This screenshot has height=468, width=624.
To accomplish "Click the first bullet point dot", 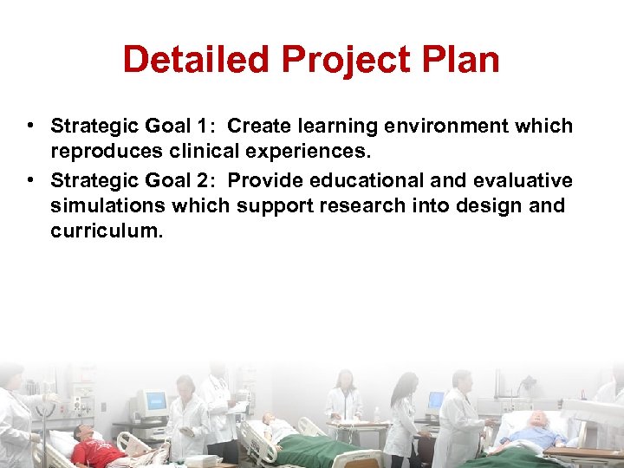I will (x=30, y=125).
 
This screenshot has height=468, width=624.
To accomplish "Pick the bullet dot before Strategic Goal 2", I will (x=30, y=179).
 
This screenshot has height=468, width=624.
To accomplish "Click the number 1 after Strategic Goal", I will (x=200, y=127).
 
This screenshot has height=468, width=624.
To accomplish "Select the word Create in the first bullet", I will (x=259, y=127).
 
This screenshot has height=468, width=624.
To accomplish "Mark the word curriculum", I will (x=106, y=232).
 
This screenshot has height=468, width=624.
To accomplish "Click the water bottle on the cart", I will (x=376, y=414).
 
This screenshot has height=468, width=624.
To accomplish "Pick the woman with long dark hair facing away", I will (x=404, y=416).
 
